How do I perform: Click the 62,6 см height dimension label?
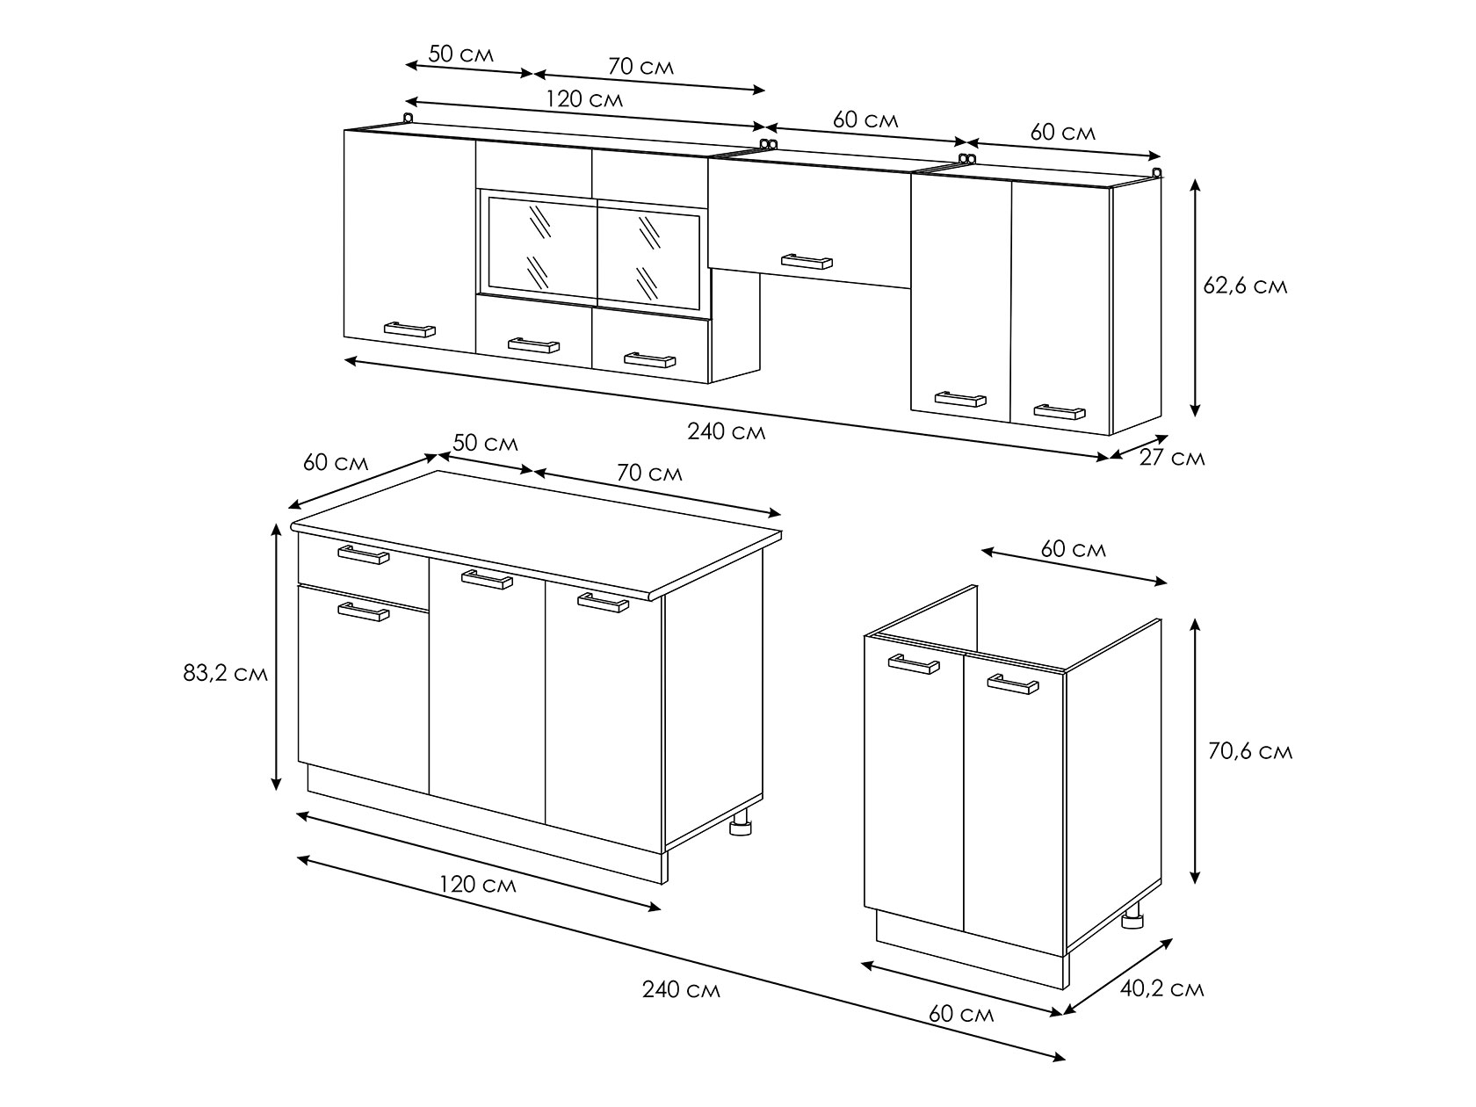(x=1245, y=286)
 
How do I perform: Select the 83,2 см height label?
(x=225, y=673)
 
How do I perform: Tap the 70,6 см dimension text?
(x=1250, y=751)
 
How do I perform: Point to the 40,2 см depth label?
(x=1162, y=988)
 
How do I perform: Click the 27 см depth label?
(x=1172, y=458)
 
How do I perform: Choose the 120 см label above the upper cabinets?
(x=583, y=99)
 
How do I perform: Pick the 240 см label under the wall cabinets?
(x=727, y=431)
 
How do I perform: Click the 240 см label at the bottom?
(x=681, y=989)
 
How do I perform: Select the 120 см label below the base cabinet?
(x=477, y=884)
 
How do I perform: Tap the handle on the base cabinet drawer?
(x=363, y=554)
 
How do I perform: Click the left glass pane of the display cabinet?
(x=543, y=248)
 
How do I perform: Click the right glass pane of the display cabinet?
(x=648, y=257)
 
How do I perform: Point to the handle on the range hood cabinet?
(x=807, y=261)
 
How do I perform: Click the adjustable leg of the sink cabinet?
(x=1132, y=915)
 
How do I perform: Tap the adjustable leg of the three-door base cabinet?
(x=741, y=822)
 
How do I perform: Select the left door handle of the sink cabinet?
(x=914, y=664)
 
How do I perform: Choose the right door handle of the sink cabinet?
(x=1013, y=684)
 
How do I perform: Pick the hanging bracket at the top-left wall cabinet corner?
(x=408, y=119)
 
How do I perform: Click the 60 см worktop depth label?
(x=336, y=462)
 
